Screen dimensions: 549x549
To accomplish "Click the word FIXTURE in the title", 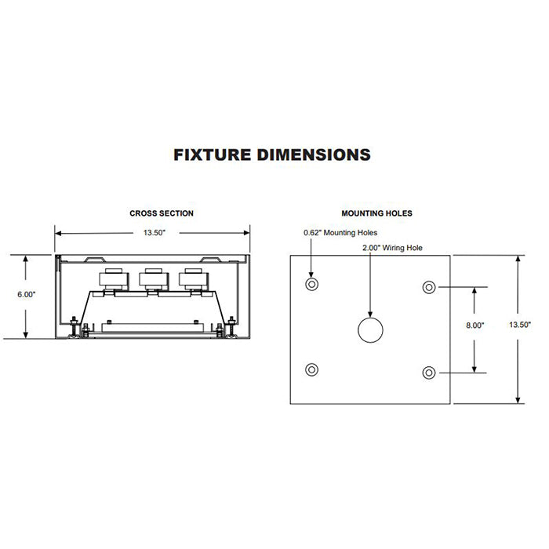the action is pos(213,155).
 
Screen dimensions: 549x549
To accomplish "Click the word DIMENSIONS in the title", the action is pos(314,155).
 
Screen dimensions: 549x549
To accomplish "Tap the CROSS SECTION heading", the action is pos(162,213).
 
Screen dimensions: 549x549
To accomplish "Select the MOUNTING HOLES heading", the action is pos(376,213).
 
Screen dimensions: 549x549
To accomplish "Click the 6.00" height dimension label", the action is pos(27,294).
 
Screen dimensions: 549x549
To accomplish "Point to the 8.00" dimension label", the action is pos(474,325).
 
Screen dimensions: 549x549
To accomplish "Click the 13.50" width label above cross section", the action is pos(154,233).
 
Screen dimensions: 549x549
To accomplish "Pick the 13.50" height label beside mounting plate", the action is pos(520,325).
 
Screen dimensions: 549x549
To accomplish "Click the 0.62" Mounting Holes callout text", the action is pos(340,233).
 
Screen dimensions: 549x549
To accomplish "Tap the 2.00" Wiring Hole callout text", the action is pos(392,248).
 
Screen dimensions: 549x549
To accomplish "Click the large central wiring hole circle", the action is pos(370,330).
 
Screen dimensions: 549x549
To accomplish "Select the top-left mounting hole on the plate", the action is pos(311,284).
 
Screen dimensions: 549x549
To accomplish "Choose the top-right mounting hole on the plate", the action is pos(429,287).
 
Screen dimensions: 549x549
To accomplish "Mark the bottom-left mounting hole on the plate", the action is pos(311,369).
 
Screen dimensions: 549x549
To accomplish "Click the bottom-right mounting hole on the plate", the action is pos(429,373).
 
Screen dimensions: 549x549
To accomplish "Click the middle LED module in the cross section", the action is pos(154,280).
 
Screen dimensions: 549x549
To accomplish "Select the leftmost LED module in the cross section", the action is pos(114,280).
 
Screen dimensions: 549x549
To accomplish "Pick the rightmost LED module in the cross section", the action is pos(193,280).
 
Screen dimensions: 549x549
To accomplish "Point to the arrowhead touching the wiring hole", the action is pos(370,314).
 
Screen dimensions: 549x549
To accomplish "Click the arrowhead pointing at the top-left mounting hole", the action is pos(311,274).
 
